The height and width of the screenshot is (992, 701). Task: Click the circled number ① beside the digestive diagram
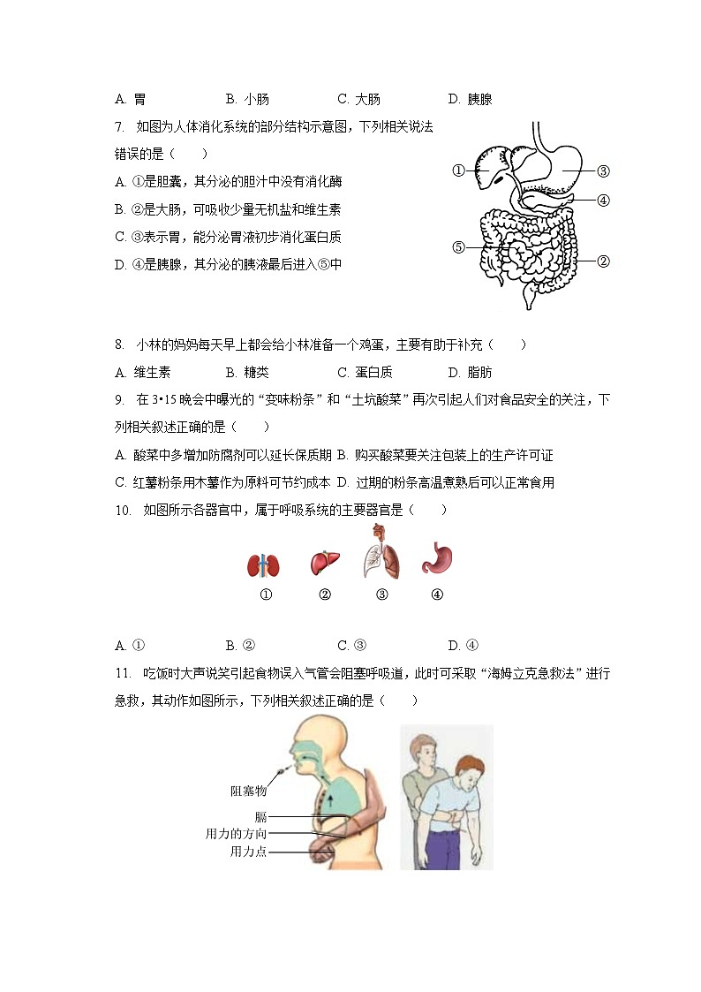tap(458, 171)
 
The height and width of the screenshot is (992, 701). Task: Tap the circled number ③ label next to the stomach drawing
tap(603, 171)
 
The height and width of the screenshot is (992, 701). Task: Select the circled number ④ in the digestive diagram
tap(603, 200)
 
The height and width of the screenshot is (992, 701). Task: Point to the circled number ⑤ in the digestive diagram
tap(458, 247)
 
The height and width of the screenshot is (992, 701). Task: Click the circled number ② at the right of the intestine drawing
tap(603, 261)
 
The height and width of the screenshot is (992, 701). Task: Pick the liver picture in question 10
tap(324, 563)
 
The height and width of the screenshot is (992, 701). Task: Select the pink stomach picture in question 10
tap(437, 559)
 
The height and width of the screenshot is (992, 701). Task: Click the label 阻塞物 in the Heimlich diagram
tap(248, 791)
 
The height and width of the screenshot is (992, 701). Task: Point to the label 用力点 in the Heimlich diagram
tap(248, 852)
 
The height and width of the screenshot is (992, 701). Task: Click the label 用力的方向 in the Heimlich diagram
tap(236, 834)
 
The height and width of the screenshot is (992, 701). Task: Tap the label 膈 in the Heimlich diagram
tap(260, 817)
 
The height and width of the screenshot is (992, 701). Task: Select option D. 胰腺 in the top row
tap(470, 100)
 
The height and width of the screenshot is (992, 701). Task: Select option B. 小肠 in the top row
tap(247, 100)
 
